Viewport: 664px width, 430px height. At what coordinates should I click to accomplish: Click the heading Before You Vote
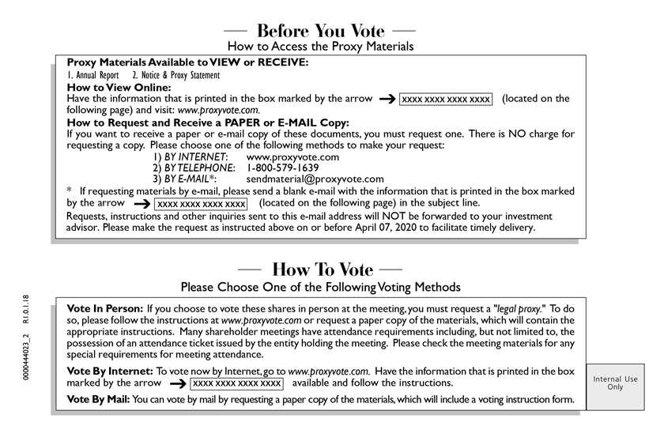(x=320, y=32)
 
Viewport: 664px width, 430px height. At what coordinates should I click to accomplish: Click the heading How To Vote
(x=320, y=270)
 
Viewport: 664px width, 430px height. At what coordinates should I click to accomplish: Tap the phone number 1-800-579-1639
(x=283, y=168)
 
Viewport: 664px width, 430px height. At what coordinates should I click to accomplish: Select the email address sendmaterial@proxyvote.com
(x=315, y=179)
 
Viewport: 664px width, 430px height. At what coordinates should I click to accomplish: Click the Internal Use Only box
(x=615, y=383)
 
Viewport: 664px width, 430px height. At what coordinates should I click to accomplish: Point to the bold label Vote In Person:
(x=105, y=307)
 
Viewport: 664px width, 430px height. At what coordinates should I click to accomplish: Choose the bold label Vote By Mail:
(x=99, y=399)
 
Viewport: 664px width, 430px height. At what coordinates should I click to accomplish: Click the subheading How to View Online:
(x=119, y=87)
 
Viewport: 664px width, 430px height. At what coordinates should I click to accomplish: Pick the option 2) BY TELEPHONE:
(x=194, y=168)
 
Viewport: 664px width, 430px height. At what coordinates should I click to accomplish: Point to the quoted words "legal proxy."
(x=519, y=307)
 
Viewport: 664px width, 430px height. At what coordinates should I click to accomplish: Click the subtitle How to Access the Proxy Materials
(x=320, y=47)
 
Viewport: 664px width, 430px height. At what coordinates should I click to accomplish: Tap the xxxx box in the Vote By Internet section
(x=236, y=383)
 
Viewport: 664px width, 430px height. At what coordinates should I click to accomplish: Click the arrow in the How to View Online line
(x=387, y=100)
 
